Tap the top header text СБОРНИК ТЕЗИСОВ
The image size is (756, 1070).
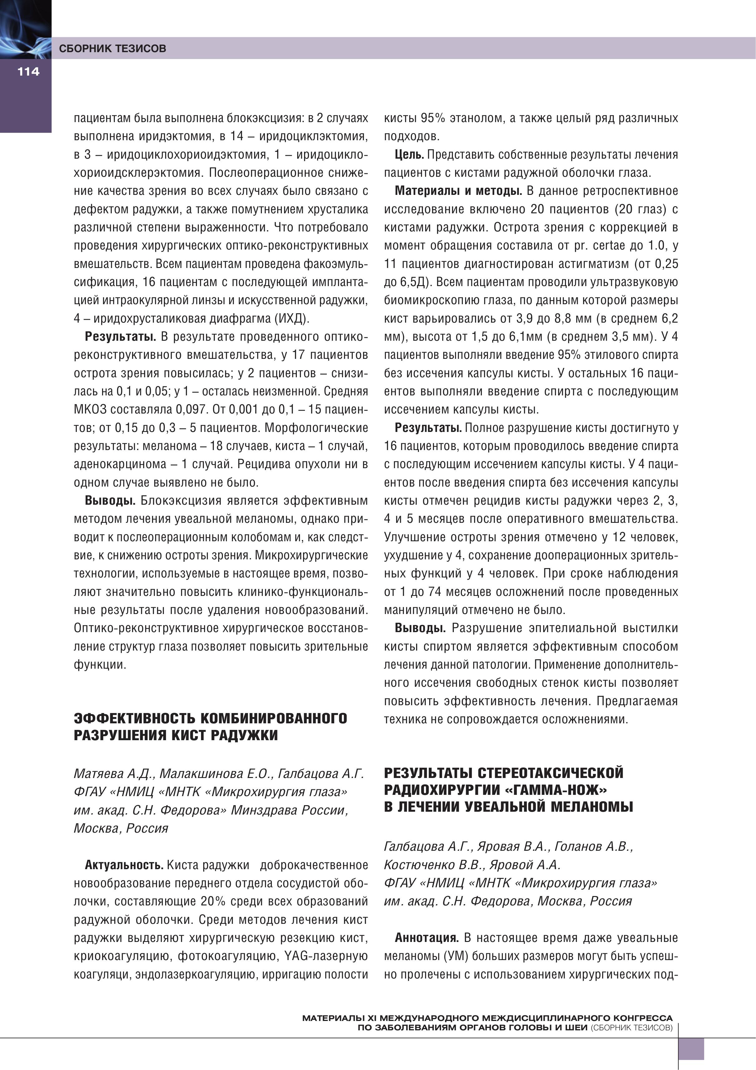pos(112,48)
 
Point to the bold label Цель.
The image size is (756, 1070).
pos(409,155)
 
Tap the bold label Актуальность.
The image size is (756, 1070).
pos(123,865)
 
